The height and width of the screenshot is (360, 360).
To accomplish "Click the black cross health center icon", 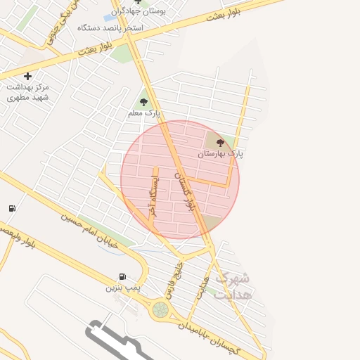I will click(27, 76).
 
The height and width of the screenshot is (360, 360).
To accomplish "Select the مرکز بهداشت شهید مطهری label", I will click(28, 92).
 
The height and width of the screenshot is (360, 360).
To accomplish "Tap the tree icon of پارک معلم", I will click(144, 102).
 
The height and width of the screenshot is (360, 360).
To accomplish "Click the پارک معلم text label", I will click(144, 112).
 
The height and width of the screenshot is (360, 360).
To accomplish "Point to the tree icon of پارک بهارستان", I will click(220, 143).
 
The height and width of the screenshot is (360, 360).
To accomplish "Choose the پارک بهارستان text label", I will click(220, 153).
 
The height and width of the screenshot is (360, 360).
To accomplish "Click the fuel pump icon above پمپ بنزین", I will click(123, 276).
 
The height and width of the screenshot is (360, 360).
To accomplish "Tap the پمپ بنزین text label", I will click(123, 288).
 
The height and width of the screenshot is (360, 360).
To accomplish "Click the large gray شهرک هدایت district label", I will click(233, 285).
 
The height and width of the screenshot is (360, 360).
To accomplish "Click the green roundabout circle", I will click(161, 309).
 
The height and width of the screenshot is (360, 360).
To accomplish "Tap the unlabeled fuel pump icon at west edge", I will click(11, 208).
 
